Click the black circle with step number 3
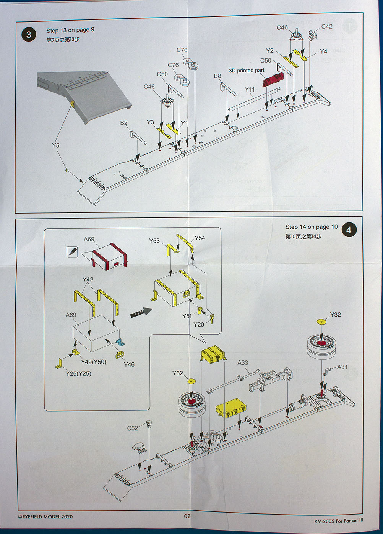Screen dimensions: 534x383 coord(29,35)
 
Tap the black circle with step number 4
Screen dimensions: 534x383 coord(349,230)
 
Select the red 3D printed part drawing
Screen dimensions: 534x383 coord(274,79)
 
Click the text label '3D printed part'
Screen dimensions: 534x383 coord(246,71)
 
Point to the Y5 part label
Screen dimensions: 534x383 coord(56,145)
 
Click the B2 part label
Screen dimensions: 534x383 coord(124,123)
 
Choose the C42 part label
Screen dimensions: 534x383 coord(327,26)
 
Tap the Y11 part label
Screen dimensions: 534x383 coord(250,90)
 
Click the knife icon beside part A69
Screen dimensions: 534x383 coord(72,251)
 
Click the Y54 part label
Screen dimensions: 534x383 coord(200,238)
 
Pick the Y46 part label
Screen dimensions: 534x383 coord(129,364)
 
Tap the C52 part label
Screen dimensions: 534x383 coord(132,428)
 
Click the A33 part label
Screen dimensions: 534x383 coord(243,363)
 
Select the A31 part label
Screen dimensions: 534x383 coord(342,367)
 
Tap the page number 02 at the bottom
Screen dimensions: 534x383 coord(187,516)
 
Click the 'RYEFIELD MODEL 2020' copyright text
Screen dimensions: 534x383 coord(45,517)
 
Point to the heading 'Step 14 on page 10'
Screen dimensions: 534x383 coord(312,227)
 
